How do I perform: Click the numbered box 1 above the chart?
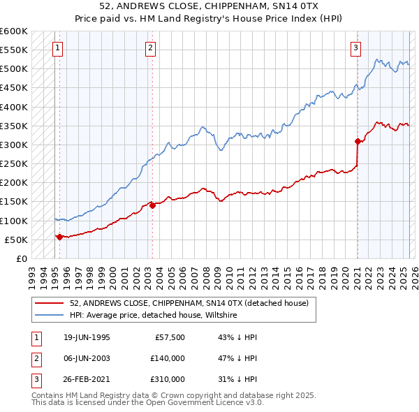(x=57, y=48)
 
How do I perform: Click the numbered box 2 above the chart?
(x=150, y=48)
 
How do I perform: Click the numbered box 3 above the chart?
(x=355, y=48)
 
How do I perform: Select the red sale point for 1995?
(x=59, y=237)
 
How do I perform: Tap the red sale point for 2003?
(x=152, y=205)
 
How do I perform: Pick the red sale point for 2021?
(x=358, y=141)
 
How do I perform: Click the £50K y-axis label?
(x=16, y=240)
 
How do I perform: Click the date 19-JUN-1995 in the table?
(x=87, y=337)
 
